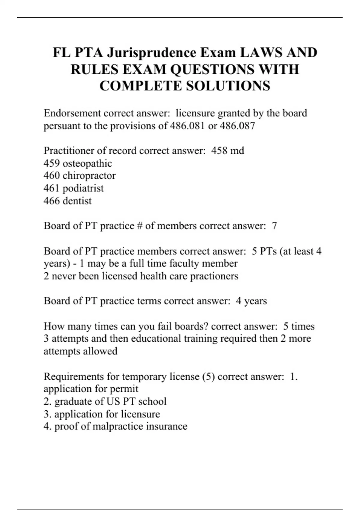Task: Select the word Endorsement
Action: point(72,113)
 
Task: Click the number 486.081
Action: point(187,126)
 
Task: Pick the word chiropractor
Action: point(89,175)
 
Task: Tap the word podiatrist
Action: point(83,188)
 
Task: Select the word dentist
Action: point(77,201)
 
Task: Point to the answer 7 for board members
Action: point(274,226)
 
